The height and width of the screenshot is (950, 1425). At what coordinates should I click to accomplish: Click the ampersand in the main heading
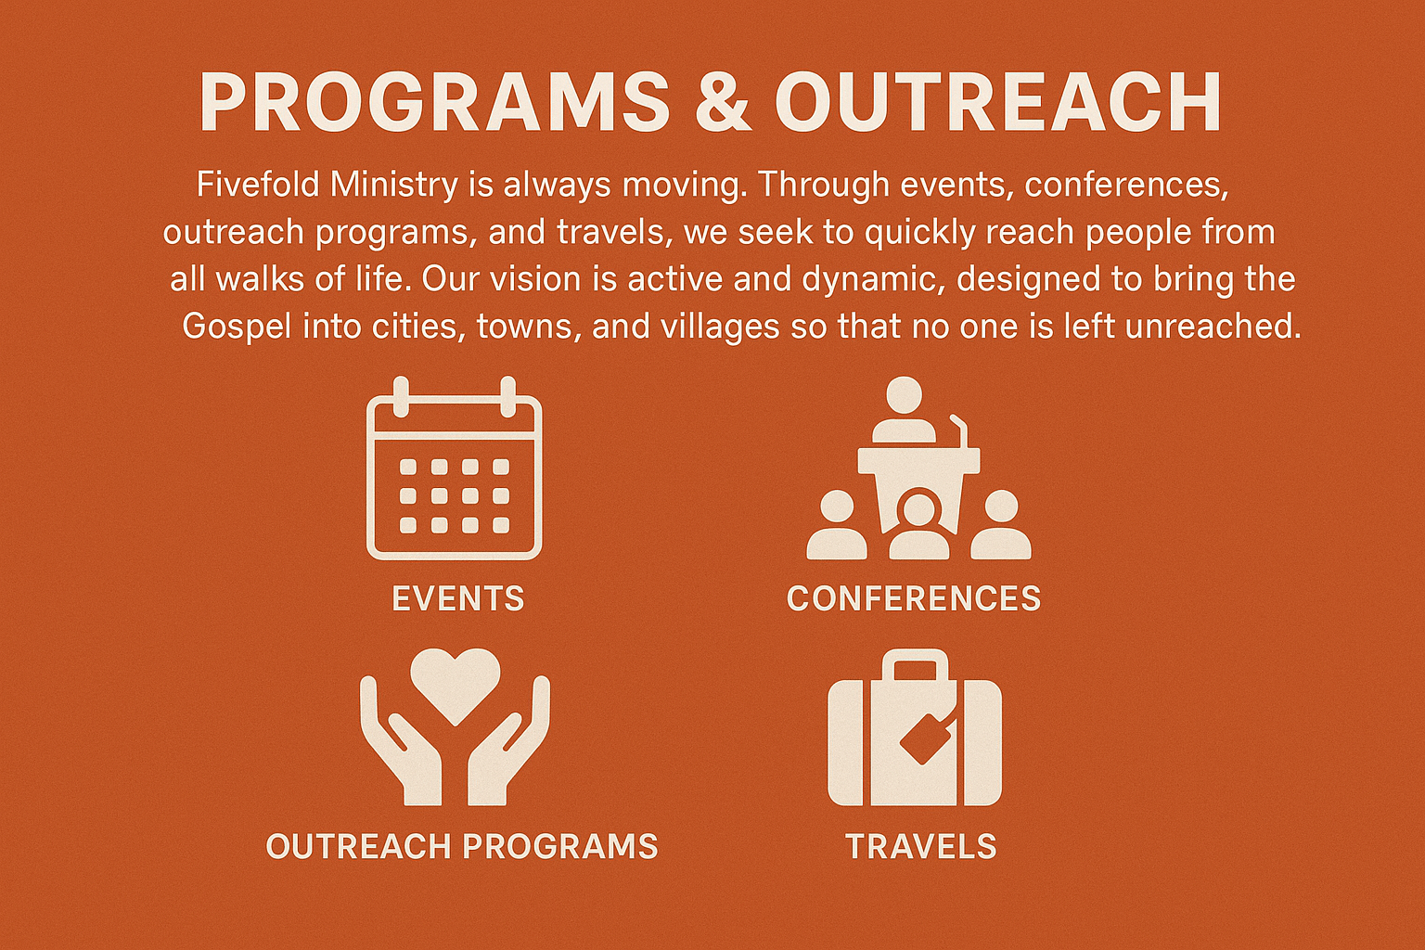pyautogui.click(x=721, y=102)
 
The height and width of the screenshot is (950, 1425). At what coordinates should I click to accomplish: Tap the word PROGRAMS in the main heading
pyautogui.click(x=434, y=102)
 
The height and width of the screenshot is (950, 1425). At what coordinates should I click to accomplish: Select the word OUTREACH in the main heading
pyautogui.click(x=997, y=102)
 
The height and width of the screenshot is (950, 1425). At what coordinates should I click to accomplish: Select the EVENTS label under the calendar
pyautogui.click(x=458, y=598)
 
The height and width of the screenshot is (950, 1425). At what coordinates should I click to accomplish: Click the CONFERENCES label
pyautogui.click(x=914, y=598)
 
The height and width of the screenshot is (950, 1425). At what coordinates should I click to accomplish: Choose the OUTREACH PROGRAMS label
pyautogui.click(x=462, y=847)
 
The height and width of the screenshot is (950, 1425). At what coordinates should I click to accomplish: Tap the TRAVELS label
pyautogui.click(x=921, y=847)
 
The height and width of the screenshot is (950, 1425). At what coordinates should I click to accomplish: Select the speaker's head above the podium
pyautogui.click(x=904, y=395)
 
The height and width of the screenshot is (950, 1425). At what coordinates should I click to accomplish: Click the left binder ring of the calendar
pyautogui.click(x=401, y=397)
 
